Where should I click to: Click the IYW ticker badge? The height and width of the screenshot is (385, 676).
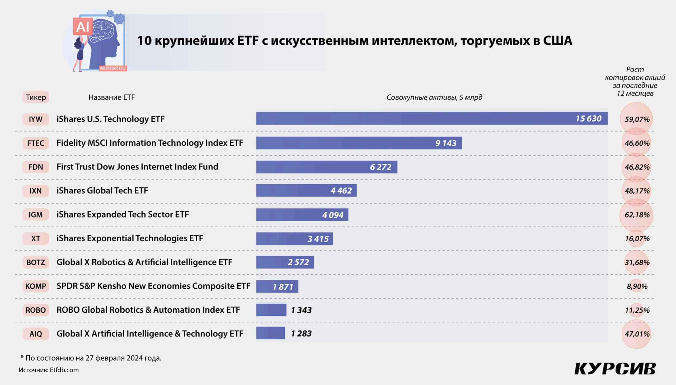coord(35,119)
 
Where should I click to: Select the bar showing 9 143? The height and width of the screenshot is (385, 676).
coord(359,143)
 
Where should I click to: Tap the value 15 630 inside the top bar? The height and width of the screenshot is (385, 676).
coord(588,119)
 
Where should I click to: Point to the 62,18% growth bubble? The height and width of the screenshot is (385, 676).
coord(637,215)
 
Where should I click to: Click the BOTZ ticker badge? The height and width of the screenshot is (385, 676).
coord(35,262)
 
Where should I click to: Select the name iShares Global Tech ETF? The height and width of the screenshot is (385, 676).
coord(102,191)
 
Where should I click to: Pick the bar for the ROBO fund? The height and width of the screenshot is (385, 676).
coord(271,310)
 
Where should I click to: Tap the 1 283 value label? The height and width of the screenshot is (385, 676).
coord(301,334)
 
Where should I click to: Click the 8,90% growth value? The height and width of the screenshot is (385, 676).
coord(637,286)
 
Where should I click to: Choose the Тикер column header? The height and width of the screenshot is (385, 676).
coord(36,97)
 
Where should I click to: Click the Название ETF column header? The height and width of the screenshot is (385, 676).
coord(111,97)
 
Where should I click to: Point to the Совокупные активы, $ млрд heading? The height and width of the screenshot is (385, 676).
coord(434,97)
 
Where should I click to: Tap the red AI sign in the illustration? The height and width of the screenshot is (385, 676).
coord(83,27)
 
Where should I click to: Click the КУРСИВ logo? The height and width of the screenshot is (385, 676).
coord(615,369)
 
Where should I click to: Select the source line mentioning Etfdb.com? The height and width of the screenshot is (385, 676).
coord(49,370)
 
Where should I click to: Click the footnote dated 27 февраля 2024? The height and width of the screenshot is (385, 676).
coord(91,358)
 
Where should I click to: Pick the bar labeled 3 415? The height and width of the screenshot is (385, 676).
coord(294,239)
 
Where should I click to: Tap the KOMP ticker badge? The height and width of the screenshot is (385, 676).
coord(35,286)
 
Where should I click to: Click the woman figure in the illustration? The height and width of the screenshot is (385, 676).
coord(79,54)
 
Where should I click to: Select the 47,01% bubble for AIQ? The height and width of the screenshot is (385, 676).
coord(637,334)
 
